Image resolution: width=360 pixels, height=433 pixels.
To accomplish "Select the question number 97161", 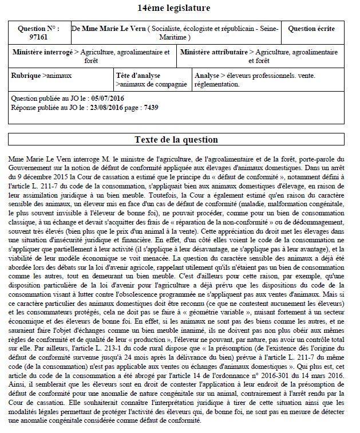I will (38, 37).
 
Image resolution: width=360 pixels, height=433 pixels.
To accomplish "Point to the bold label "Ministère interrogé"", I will (43, 52).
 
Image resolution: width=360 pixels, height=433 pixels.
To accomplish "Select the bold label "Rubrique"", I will (26, 76).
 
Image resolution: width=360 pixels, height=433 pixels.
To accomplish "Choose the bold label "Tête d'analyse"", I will (139, 76).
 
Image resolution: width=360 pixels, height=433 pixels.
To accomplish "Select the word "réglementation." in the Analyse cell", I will (217, 84).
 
